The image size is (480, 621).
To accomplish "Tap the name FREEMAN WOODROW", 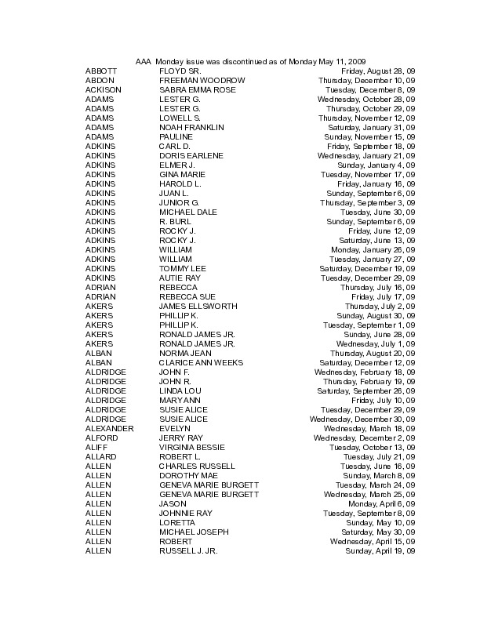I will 202,81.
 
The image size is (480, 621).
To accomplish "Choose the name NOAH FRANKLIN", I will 192,128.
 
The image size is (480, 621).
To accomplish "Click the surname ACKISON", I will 103,90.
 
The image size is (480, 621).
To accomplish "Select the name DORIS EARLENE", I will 191,156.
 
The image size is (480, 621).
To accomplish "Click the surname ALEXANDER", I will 109,429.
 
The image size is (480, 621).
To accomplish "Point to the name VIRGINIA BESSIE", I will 193,448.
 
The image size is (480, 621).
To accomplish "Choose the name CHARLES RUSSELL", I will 197,467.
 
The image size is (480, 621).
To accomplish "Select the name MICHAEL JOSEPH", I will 194,532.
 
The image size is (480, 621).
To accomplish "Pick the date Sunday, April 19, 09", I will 380,551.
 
